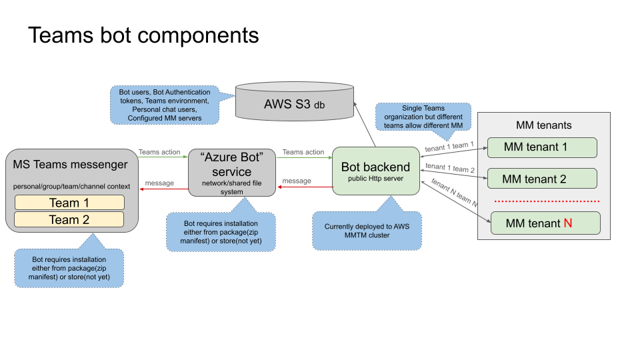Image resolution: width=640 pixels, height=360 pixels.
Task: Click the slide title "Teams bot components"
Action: pos(143,35)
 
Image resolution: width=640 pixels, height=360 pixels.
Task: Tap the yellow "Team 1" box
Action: pos(69,203)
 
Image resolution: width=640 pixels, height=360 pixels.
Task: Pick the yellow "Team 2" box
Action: pos(69,219)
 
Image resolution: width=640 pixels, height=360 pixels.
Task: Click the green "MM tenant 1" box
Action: pos(541,147)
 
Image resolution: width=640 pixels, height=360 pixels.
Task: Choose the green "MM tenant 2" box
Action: pos(541,179)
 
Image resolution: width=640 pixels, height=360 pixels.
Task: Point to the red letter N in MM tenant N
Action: pos(568,223)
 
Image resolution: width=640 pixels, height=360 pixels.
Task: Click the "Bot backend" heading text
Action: pos(375,167)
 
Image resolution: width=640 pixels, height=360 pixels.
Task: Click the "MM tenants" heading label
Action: pos(543,125)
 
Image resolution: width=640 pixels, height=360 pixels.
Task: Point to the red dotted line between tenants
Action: pos(547,201)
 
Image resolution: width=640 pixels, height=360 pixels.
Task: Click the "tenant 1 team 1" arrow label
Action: pos(449,146)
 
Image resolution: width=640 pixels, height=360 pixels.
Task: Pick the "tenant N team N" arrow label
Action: pos(455,194)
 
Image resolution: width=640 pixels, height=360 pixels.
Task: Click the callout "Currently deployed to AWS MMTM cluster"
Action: pos(367,231)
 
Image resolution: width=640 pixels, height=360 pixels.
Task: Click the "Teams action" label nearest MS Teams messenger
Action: pos(159,152)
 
